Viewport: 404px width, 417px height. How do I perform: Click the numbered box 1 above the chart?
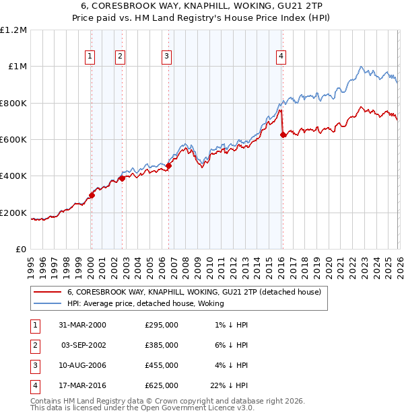point(90,57)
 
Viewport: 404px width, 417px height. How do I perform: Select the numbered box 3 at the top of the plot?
point(166,57)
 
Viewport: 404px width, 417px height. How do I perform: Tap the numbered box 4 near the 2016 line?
point(280,57)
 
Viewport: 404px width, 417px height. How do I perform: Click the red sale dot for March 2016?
point(283,135)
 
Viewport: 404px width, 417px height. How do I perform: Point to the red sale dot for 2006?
point(168,166)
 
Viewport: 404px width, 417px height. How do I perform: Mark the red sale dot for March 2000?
point(92,196)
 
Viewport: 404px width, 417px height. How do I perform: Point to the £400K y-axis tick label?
point(14,176)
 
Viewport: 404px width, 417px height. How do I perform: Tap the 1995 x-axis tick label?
point(31,262)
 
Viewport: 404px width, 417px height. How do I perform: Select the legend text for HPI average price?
point(145,304)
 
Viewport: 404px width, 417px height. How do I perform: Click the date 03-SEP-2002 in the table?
point(83,345)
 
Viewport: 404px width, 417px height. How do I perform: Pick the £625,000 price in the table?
point(162,386)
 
